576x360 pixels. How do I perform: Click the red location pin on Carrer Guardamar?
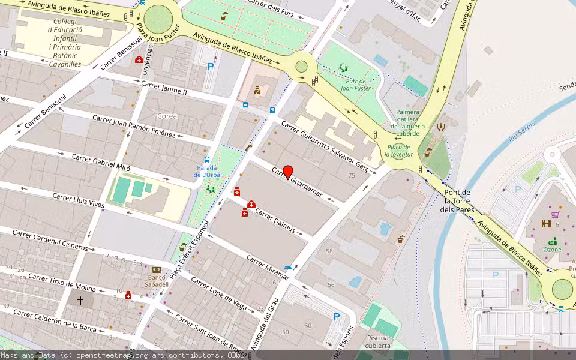[x=288, y=172]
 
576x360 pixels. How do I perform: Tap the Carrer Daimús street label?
[x=275, y=220]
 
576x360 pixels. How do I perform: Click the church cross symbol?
[x=80, y=299]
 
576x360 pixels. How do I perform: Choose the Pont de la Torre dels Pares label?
[x=457, y=201]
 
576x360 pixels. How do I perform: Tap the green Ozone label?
[x=552, y=249]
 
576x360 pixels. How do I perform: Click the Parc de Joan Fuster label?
[x=357, y=84]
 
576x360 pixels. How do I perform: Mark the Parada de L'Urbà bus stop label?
[x=206, y=171]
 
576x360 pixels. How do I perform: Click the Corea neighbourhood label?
[x=167, y=115]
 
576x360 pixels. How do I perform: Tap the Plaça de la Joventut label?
[x=398, y=151]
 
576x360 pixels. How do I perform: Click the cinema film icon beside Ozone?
[x=546, y=224]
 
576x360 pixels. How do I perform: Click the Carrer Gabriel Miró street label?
[x=100, y=163]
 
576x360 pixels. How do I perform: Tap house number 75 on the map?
[x=352, y=175]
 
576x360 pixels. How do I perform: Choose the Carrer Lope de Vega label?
[x=218, y=294]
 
